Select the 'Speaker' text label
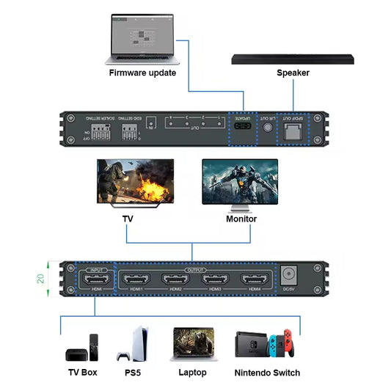(x=293, y=73)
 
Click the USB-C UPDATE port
(x=242, y=131)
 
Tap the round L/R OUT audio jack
(x=269, y=128)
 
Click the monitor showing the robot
(x=241, y=184)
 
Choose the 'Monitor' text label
(x=241, y=219)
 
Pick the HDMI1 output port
(x=136, y=279)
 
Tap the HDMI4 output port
(x=254, y=279)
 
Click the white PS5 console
(x=134, y=344)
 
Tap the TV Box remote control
(x=94, y=347)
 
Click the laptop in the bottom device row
(x=192, y=345)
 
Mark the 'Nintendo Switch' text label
(x=267, y=373)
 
